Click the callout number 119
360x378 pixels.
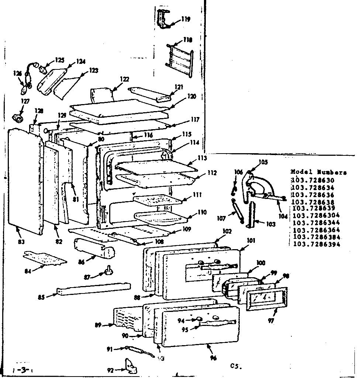coord(186,19)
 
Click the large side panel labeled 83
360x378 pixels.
coord(25,181)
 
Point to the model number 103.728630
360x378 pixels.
coord(312,180)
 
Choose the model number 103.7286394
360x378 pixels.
coord(316,244)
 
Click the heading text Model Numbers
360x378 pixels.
coord(319,172)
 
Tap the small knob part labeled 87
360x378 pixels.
coord(108,272)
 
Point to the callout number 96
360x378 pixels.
coord(214,358)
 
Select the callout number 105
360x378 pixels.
coord(263,162)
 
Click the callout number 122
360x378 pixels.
coord(124,79)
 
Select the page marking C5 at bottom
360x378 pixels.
coord(236,366)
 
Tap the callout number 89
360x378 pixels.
coord(98,325)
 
